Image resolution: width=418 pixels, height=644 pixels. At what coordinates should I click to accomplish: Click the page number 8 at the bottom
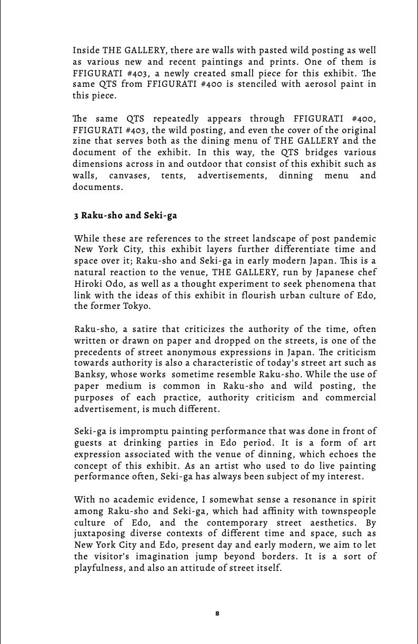pos(217,613)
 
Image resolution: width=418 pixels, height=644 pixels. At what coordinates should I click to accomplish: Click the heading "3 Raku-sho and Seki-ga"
pos(125,216)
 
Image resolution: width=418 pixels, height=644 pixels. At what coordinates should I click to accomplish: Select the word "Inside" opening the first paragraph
pos(86,51)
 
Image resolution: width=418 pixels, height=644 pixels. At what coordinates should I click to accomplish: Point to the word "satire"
pos(142,329)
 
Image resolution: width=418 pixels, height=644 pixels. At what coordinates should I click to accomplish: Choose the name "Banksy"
pos(89,375)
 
